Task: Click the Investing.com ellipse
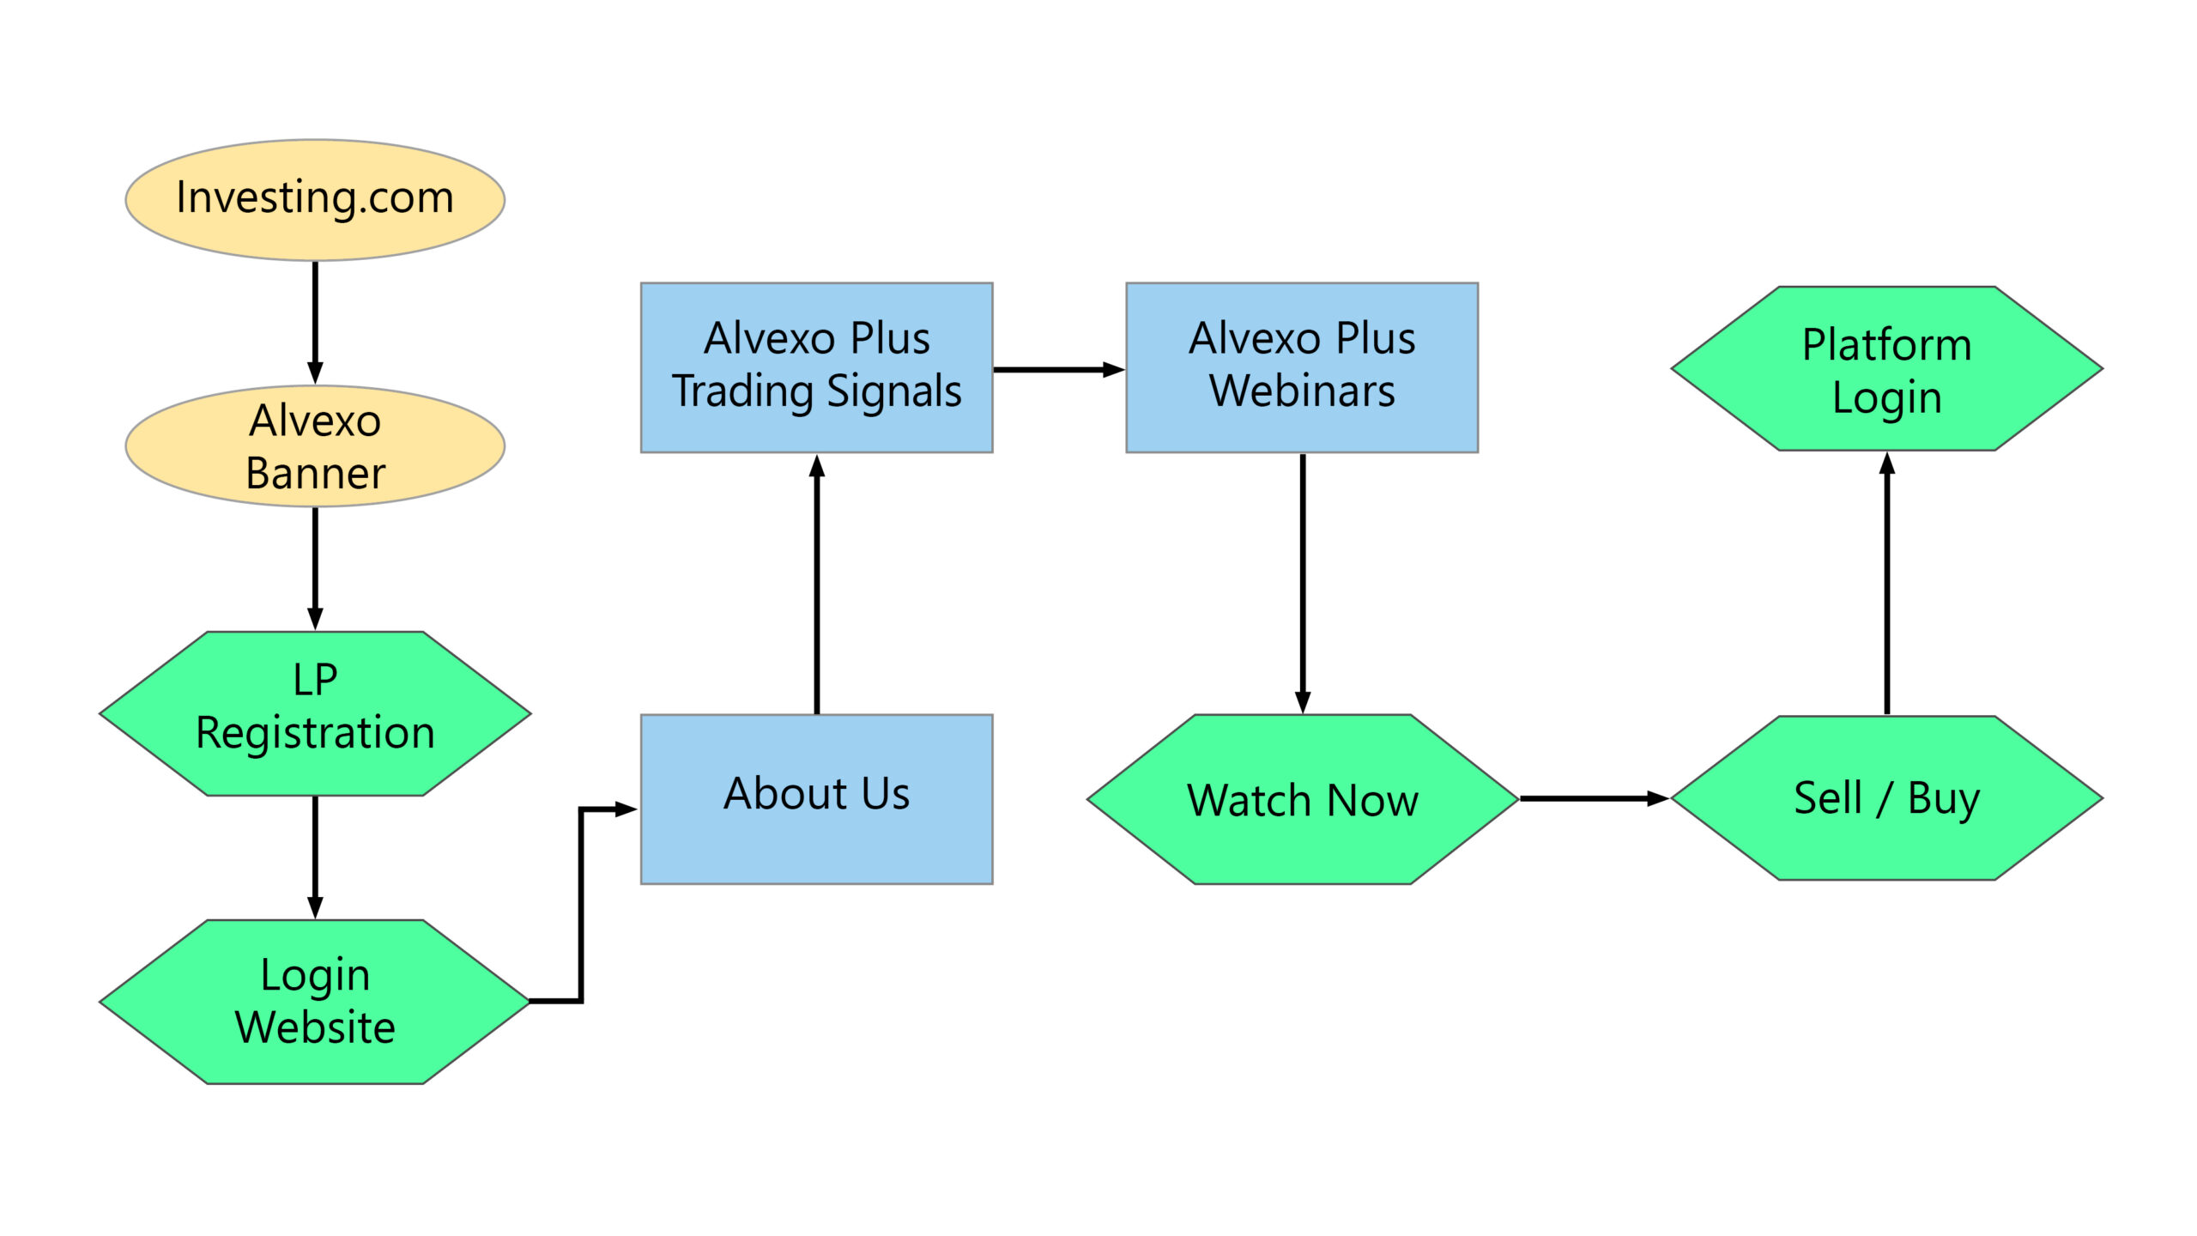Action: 314,200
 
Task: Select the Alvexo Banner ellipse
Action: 314,445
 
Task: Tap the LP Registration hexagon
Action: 314,712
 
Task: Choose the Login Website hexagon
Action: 314,1001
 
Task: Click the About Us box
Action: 816,798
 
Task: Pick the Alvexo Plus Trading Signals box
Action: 816,367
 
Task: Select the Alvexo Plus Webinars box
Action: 1301,367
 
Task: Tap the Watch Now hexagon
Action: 1301,798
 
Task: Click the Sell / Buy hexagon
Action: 1886,797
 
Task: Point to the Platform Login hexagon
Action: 1886,368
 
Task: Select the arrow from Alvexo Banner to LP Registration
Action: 315,566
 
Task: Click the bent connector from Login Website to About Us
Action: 581,901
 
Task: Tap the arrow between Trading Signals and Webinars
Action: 1057,369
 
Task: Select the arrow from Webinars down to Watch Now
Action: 1302,584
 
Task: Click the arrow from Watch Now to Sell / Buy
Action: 1592,798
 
